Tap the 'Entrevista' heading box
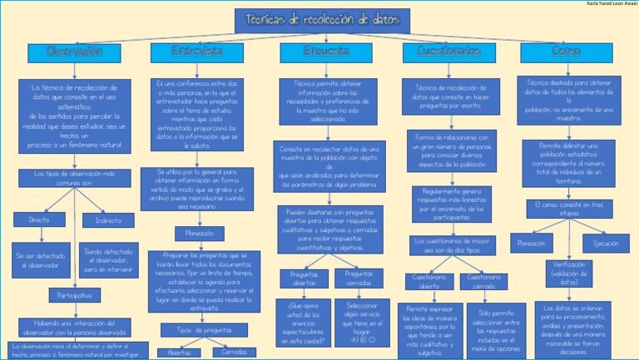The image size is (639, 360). [197, 52]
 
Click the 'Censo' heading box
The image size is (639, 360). [567, 52]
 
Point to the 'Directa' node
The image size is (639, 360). [39, 220]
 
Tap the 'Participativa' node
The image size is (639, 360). [74, 295]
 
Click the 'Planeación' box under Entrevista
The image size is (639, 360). [199, 233]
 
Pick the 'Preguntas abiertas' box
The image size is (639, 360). [304, 278]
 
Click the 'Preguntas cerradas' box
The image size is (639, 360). [358, 278]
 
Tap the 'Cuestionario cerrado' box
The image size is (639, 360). [483, 280]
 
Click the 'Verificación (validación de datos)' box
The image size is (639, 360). [569, 273]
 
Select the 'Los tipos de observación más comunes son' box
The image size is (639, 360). [74, 178]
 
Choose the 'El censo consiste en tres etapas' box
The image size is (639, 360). [569, 209]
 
